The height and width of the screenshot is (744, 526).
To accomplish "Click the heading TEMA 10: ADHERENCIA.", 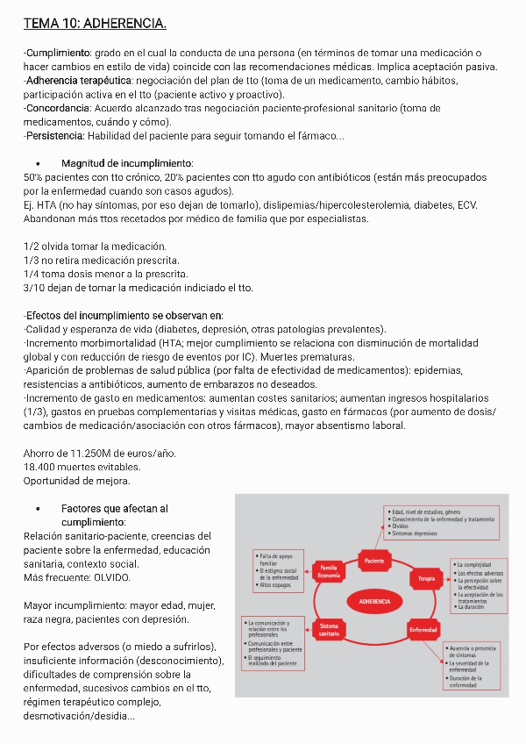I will click(95, 22).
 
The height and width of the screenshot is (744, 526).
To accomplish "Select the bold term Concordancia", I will click(57, 109).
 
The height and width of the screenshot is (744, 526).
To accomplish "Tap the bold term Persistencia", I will click(54, 136).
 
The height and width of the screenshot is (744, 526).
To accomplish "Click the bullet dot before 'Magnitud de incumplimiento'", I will click(39, 164).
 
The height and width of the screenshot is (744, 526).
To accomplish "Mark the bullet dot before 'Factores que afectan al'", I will click(39, 509).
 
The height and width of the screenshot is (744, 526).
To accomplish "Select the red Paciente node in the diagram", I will click(373, 560).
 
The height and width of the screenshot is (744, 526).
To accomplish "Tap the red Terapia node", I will click(426, 578).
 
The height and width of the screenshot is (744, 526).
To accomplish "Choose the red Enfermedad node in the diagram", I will click(423, 630).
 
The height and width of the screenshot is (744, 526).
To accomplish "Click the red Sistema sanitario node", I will click(329, 629).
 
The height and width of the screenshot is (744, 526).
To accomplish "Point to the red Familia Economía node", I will click(329, 571).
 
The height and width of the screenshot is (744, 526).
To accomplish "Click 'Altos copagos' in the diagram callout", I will click(277, 585).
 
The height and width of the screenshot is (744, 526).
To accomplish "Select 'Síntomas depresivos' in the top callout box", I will click(416, 534).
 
